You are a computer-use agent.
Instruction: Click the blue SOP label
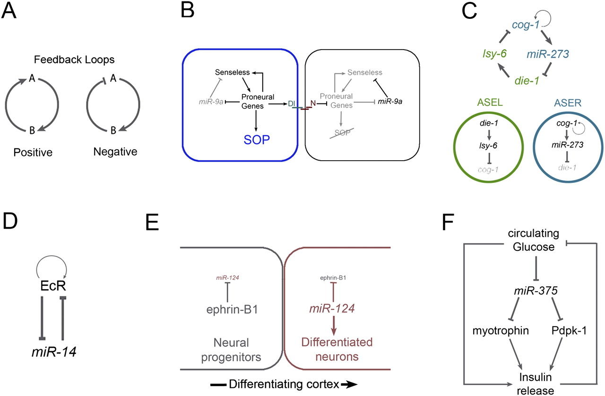256,140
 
